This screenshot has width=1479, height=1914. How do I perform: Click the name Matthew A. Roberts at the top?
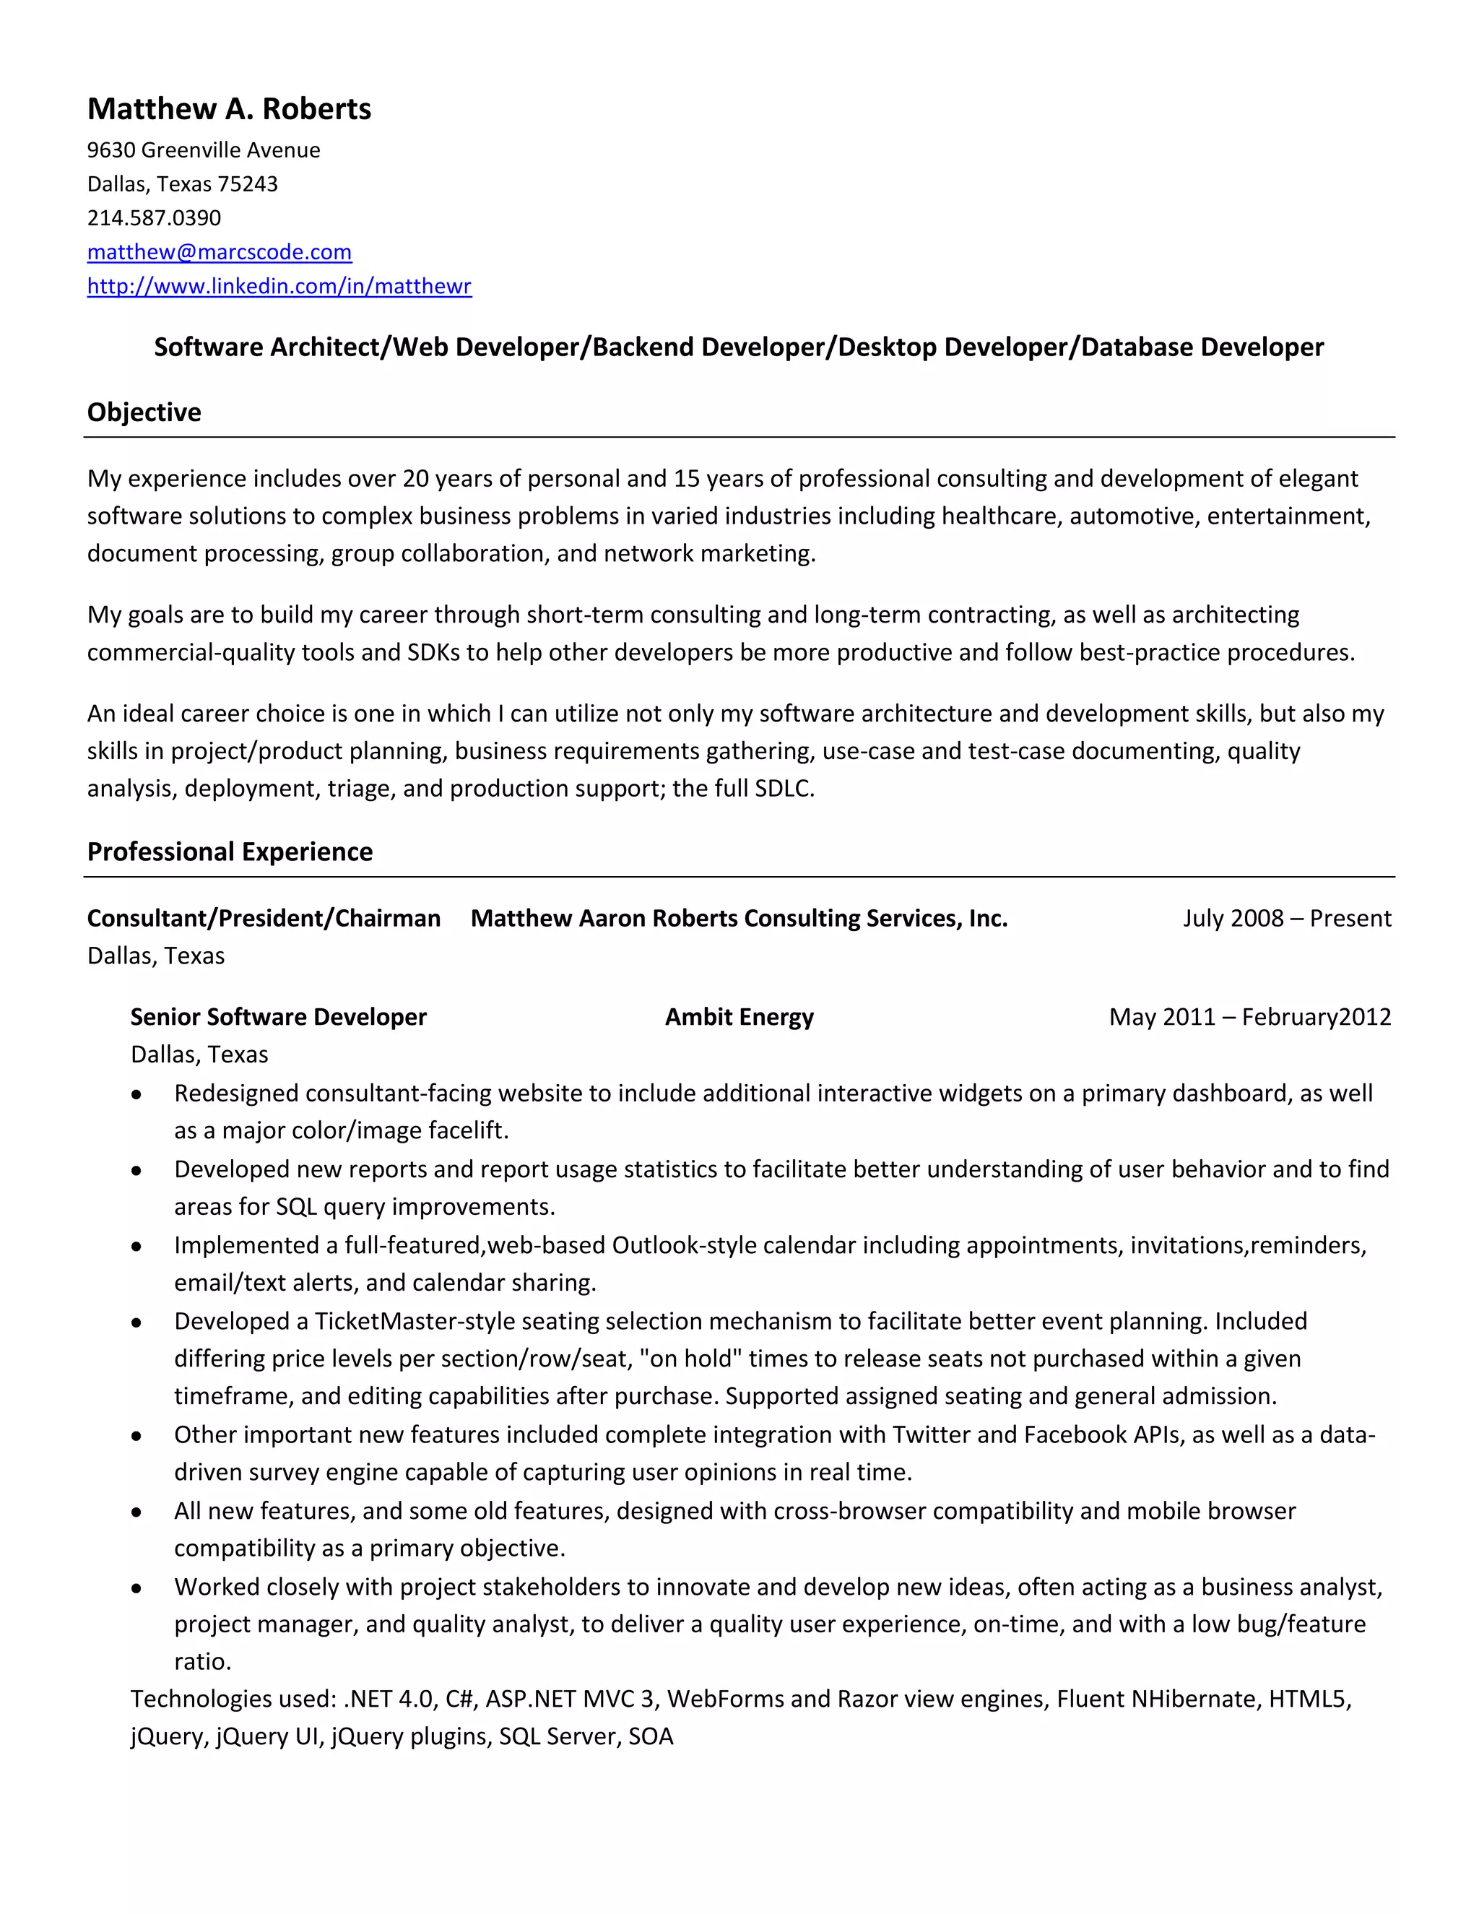coord(229,108)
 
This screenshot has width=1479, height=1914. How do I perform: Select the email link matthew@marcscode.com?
coord(219,252)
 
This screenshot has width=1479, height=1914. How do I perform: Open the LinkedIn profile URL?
coord(279,287)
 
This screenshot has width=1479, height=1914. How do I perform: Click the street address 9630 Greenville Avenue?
coord(203,150)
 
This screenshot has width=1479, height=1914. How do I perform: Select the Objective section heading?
coord(144,412)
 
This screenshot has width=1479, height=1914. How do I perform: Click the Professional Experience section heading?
coord(230,852)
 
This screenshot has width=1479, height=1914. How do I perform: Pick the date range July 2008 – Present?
coord(1286,919)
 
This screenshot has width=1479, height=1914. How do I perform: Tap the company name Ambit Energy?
coord(739,1017)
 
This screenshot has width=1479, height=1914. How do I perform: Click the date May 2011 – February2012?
coord(1249,1017)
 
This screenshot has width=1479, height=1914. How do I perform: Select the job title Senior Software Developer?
coord(278,1017)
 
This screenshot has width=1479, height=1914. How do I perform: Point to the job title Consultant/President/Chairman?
coord(263,919)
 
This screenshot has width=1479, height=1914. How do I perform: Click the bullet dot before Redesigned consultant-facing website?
coord(136,1094)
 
